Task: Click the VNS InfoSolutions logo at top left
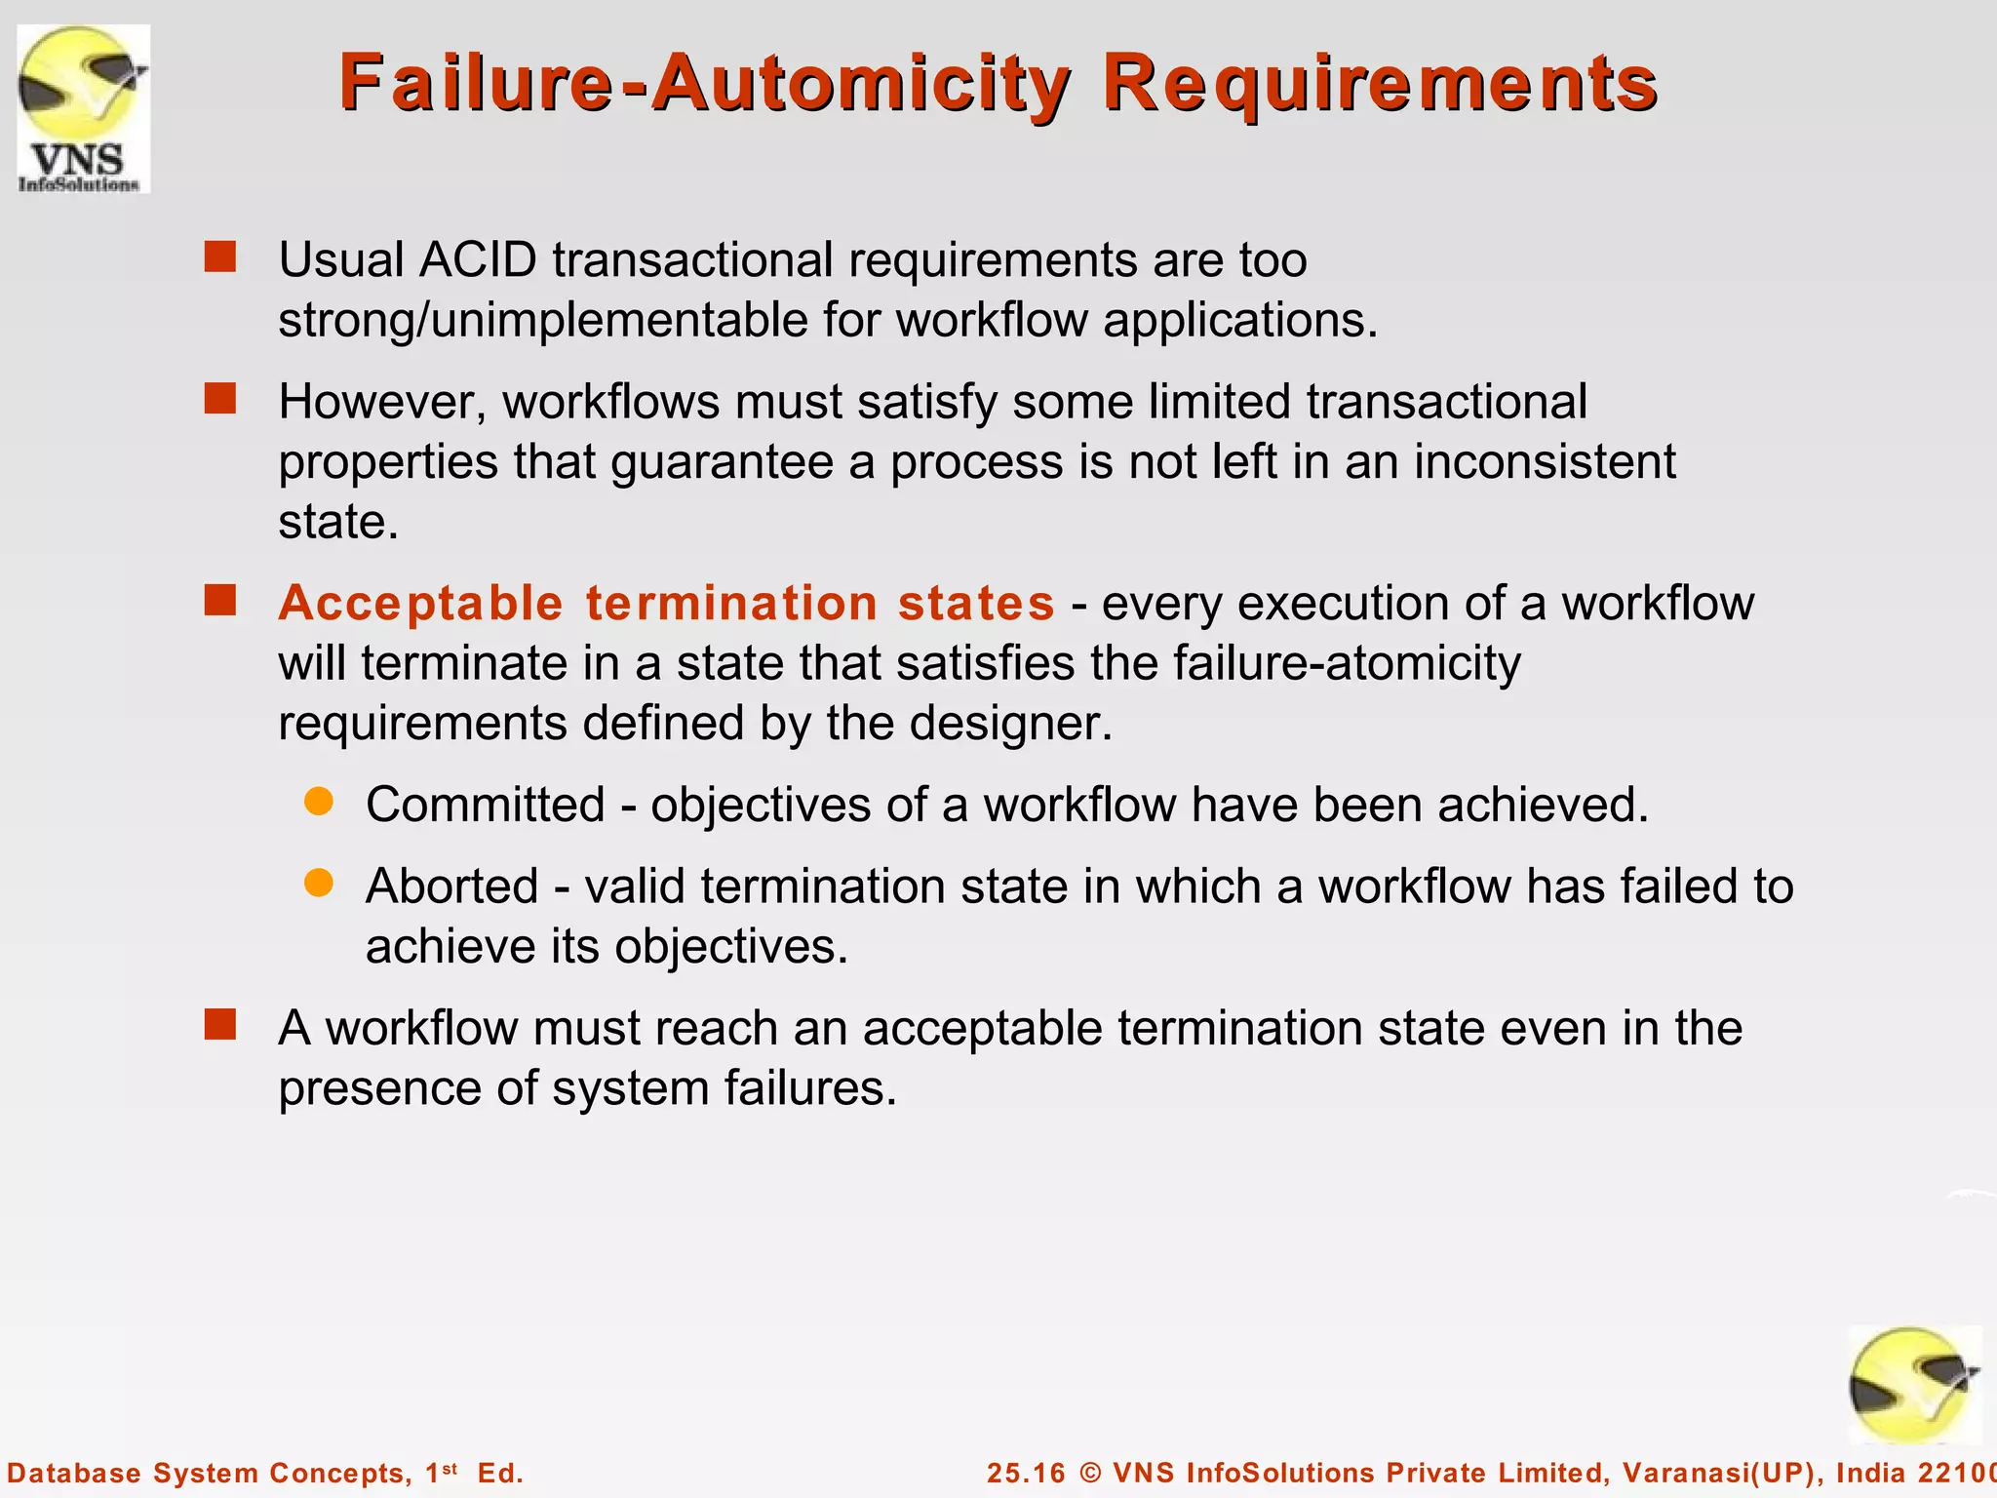pos(83,108)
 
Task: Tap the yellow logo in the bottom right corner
pos(1914,1385)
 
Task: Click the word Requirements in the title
pos(1380,84)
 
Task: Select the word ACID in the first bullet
pos(478,260)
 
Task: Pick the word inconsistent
pos(1545,461)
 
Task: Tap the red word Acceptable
pos(420,603)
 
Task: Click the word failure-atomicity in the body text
pos(1346,663)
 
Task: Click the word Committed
pos(486,806)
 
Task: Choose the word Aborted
pos(451,887)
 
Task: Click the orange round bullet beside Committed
pos(319,802)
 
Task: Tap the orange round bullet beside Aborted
pos(319,884)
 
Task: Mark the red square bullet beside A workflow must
pos(220,1025)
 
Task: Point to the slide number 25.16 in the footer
pos(1026,1473)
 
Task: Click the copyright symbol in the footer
pos(1090,1473)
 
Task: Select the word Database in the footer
pos(74,1473)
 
